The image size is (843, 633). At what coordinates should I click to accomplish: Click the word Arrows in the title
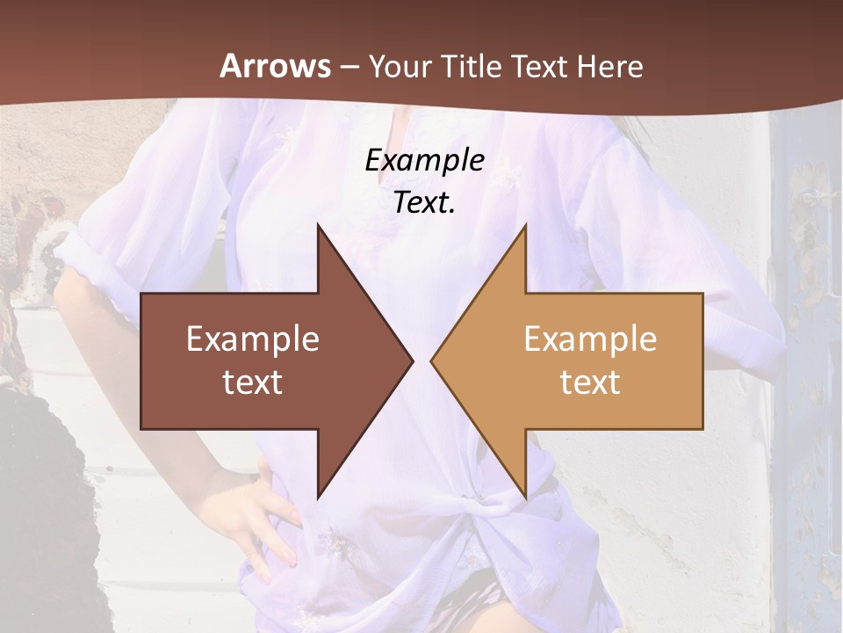tap(275, 66)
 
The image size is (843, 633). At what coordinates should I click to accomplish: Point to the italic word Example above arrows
tap(424, 160)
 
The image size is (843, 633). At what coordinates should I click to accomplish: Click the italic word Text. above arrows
tap(424, 202)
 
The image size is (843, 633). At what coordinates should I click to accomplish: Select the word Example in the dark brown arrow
tap(253, 339)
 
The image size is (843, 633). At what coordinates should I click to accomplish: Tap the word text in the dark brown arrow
tap(253, 382)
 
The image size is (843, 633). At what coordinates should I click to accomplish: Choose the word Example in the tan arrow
tap(590, 339)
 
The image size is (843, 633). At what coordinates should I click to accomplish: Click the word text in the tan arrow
tap(590, 382)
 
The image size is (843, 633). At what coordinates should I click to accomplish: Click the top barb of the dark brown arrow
tap(320, 229)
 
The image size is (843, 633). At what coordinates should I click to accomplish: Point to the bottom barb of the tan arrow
tap(524, 492)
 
